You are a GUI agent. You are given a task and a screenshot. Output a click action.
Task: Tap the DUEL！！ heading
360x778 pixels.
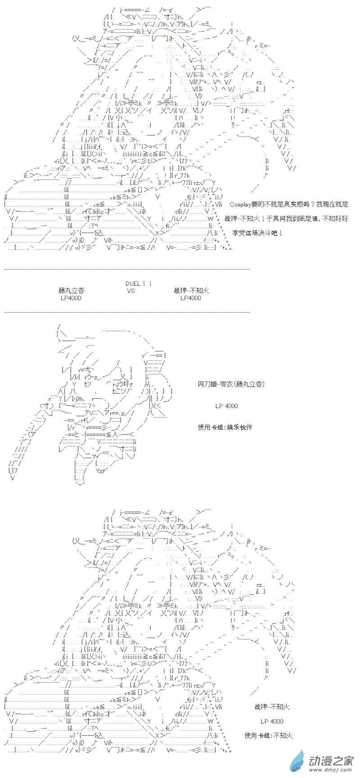point(139,283)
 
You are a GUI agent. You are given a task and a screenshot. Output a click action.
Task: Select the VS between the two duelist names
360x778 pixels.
point(131,291)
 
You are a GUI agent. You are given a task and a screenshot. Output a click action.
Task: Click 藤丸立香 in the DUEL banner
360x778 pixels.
point(71,291)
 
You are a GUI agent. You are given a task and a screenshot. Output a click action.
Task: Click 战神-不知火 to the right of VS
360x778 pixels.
point(191,291)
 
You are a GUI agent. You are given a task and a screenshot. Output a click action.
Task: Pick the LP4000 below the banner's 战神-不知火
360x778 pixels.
point(191,298)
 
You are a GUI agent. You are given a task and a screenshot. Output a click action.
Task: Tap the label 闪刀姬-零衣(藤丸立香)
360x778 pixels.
point(231,384)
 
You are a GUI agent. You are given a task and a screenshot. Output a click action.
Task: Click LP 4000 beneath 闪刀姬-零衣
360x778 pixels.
point(226,406)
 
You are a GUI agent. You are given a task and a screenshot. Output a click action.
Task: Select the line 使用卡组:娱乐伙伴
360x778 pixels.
point(225,427)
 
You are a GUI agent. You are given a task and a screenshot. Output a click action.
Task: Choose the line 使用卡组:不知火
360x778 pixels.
point(269,735)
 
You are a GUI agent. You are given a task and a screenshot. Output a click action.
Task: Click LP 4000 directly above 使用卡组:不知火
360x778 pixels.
point(272,721)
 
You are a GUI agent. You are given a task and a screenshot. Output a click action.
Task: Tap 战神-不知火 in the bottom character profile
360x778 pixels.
point(272,707)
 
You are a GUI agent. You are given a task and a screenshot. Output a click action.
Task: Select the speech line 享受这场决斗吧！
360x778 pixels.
point(258,233)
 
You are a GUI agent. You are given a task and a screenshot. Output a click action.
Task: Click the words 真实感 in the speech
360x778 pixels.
point(300,204)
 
